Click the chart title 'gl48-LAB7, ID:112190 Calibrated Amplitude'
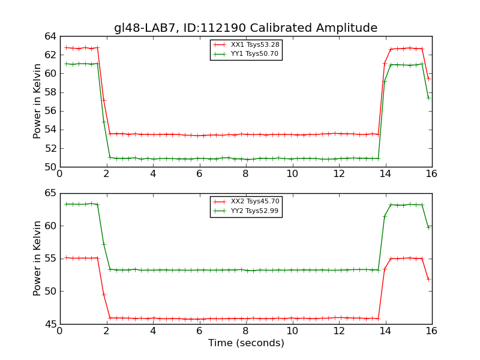click(245, 28)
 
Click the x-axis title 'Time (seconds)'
click(246, 343)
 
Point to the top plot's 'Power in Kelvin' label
click(37, 101)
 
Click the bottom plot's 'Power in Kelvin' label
click(37, 258)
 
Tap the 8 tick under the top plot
click(245, 174)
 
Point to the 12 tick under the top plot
click(338, 174)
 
